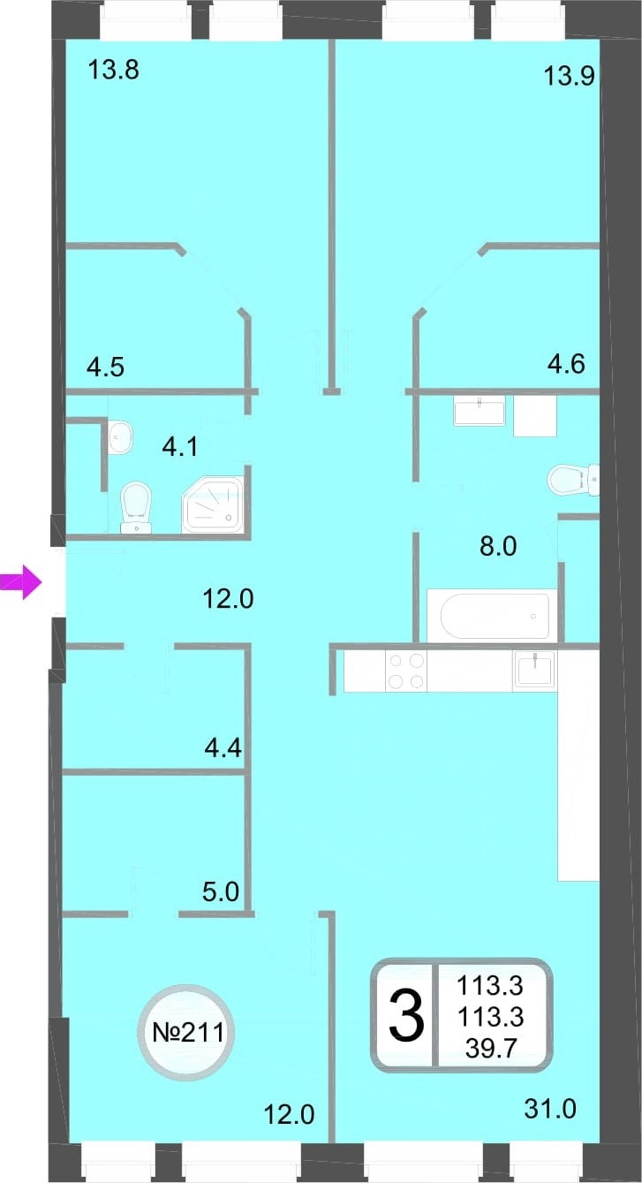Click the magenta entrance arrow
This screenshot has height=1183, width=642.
(x=20, y=582)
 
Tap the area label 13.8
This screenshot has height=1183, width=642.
(x=114, y=70)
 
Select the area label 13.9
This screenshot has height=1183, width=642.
(x=569, y=77)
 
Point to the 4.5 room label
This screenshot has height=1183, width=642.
(x=106, y=367)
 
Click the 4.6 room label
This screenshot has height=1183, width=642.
(x=566, y=364)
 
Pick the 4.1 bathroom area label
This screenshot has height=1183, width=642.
(x=180, y=448)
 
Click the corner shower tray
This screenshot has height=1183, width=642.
(x=213, y=504)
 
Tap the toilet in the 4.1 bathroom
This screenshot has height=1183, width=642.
(x=136, y=507)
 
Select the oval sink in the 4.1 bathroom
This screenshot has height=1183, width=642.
(x=120, y=436)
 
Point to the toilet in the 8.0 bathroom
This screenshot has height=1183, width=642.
(x=573, y=480)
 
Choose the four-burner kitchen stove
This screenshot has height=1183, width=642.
(x=406, y=671)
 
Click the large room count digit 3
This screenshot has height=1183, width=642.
(x=406, y=1015)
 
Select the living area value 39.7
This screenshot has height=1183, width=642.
(x=490, y=1048)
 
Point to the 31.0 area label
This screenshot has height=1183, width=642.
(x=550, y=1108)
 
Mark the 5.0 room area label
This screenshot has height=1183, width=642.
(x=221, y=891)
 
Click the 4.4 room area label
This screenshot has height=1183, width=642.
(x=223, y=747)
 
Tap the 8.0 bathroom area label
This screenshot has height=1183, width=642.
(x=498, y=546)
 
